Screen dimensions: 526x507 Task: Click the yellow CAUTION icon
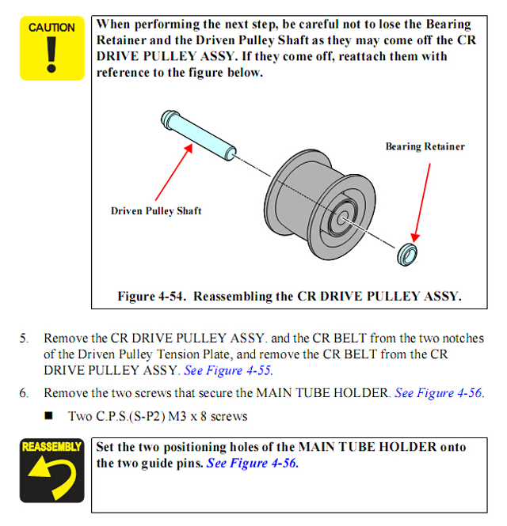(x=51, y=48)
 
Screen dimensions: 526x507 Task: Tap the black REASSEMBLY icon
(x=51, y=472)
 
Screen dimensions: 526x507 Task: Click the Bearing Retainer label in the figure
(x=425, y=146)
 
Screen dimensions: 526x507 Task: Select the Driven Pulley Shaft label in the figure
(x=156, y=210)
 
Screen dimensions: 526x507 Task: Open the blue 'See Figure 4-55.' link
(x=228, y=369)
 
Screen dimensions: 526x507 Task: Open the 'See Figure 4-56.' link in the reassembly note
(x=253, y=463)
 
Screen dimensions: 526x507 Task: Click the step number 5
(x=24, y=338)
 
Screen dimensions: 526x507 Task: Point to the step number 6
(x=24, y=392)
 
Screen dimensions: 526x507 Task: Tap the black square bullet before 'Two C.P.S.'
(x=49, y=415)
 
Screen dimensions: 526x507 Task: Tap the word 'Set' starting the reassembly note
(x=106, y=447)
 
